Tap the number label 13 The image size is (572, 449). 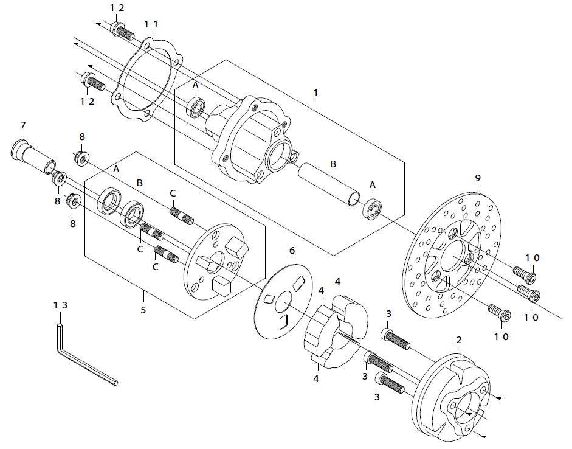click(61, 305)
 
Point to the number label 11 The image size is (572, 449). click(151, 24)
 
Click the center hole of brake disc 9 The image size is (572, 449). click(453, 255)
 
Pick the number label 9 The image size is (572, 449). click(478, 178)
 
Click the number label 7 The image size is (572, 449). click(23, 125)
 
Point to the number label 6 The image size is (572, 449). click(292, 251)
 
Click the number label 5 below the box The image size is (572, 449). click(143, 310)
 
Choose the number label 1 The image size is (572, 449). click(315, 92)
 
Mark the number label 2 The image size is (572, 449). click(459, 340)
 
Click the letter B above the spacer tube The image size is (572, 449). click(333, 164)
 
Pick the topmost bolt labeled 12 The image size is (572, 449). click(123, 31)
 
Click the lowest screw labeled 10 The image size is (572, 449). click(499, 313)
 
